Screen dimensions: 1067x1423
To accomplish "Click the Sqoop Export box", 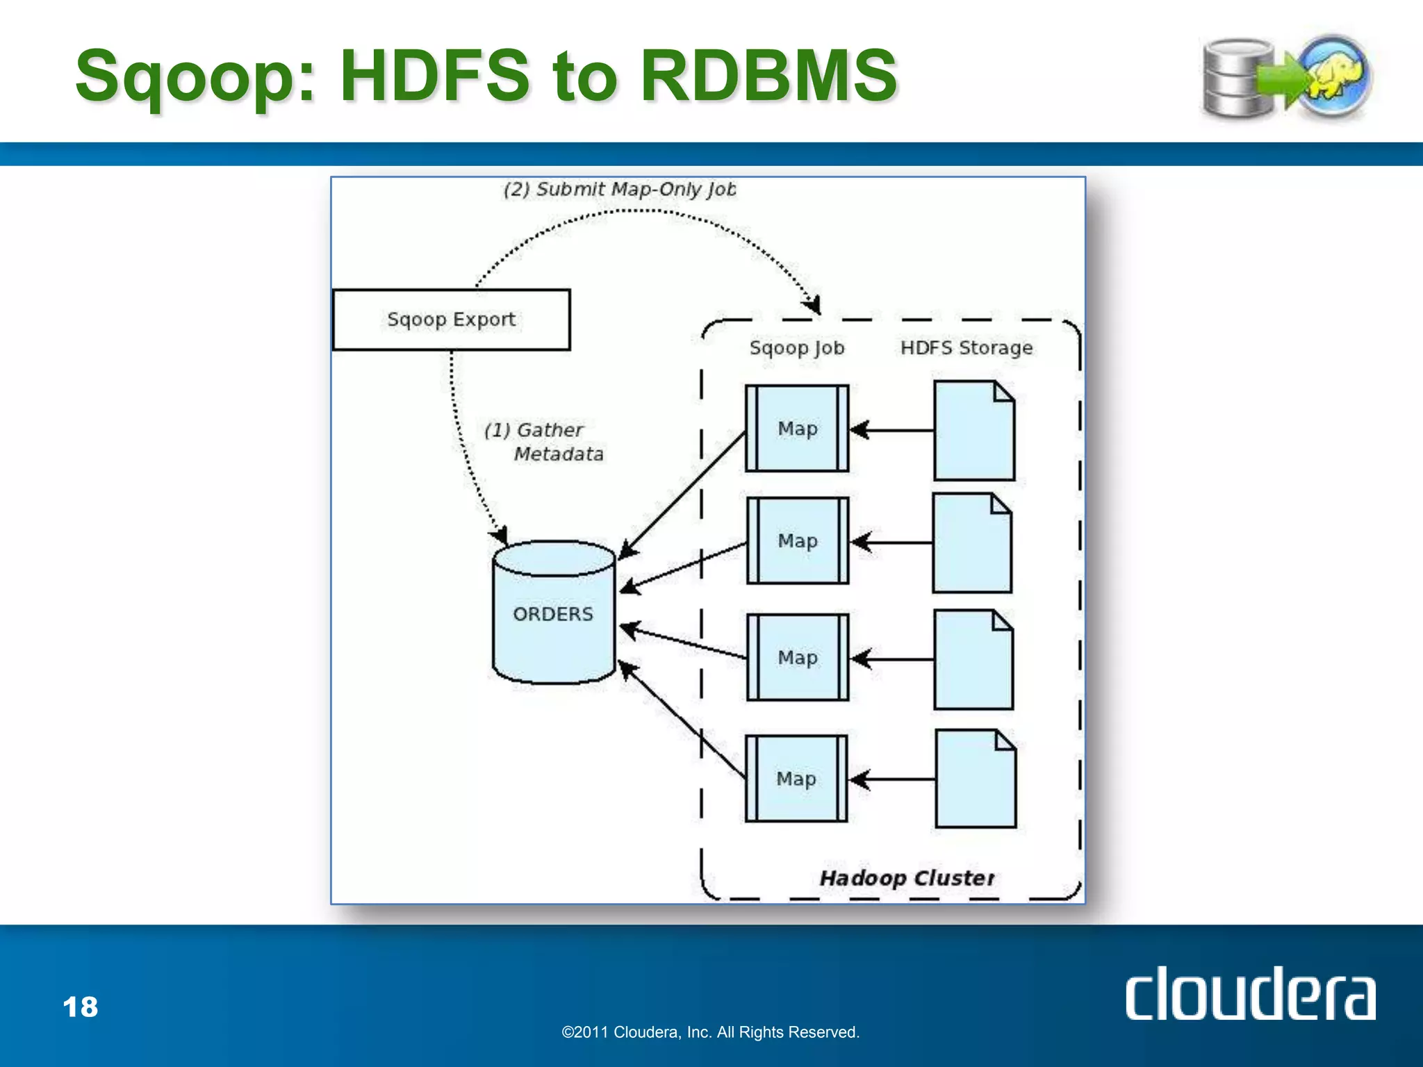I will [451, 320].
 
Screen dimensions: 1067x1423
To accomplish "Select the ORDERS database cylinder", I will [554, 613].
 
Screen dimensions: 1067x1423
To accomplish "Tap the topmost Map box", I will [797, 429].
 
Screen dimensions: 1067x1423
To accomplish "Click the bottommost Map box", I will [796, 779].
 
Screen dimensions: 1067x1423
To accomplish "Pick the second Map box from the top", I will [798, 540].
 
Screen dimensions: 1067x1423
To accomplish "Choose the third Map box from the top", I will [798, 657].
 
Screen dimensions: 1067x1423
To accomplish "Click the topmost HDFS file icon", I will [973, 431].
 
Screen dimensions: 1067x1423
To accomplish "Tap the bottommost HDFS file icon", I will [976, 779].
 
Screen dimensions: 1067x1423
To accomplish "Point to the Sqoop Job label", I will [797, 347].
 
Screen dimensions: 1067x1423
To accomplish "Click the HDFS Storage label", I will [967, 347].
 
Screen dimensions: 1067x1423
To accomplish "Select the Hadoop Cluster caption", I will [907, 878].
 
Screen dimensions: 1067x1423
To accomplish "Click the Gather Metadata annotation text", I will [544, 442].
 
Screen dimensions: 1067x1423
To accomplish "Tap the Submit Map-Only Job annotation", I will [619, 189].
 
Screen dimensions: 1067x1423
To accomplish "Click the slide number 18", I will [81, 1007].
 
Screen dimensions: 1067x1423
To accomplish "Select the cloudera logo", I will [1250, 994].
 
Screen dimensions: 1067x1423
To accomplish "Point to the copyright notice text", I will [710, 1032].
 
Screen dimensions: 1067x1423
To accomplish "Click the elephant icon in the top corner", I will [1335, 76].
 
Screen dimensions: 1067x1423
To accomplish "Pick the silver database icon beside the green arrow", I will [1237, 78].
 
